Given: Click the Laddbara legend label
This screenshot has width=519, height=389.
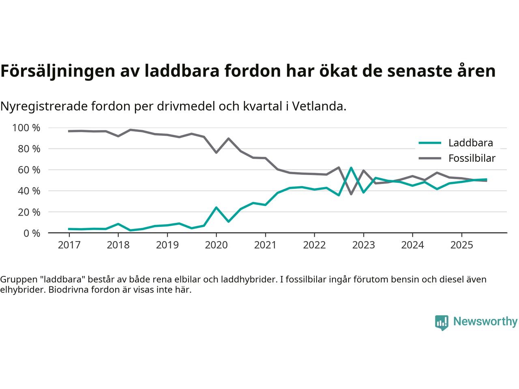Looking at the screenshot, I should (x=470, y=143).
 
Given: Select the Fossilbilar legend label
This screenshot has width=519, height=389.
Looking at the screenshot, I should (x=472, y=158).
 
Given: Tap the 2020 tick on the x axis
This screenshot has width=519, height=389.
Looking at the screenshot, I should (x=216, y=245).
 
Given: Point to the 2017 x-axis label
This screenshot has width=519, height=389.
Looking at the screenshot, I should (x=69, y=245).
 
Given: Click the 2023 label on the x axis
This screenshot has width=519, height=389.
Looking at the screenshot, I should (x=363, y=245).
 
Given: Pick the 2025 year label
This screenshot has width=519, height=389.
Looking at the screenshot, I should (x=461, y=245).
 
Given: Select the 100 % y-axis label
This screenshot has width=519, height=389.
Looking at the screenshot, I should (x=26, y=128).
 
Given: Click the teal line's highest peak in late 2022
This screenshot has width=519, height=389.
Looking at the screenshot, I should (x=351, y=168).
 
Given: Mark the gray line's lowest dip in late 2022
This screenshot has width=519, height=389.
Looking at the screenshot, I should (x=351, y=194).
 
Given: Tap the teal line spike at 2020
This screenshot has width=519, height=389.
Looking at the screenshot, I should (x=216, y=207).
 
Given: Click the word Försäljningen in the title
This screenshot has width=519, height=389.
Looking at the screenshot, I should (x=56, y=71).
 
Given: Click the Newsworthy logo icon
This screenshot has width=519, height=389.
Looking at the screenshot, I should (x=442, y=323).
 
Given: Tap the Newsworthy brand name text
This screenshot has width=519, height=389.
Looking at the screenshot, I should (x=485, y=322).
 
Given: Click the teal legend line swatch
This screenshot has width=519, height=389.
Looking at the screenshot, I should (x=429, y=143).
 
